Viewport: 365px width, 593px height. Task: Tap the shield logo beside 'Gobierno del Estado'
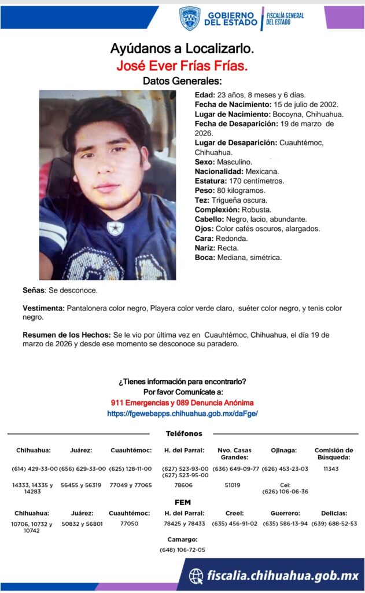pos(189,19)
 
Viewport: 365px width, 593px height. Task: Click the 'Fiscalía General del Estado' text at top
pos(285,19)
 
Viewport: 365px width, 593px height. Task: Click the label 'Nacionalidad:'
pos(219,171)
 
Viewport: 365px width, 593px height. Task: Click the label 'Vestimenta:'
pos(43,309)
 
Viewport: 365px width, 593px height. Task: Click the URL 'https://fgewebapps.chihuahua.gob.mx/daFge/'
pos(182,413)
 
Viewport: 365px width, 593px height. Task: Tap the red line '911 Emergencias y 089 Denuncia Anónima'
pos(182,402)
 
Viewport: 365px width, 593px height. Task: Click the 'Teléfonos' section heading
pos(184,434)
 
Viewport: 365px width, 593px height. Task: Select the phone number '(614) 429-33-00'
pos(35,468)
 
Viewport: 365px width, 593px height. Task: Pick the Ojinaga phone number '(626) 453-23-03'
pos(285,468)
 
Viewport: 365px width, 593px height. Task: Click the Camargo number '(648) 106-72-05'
pos(182,550)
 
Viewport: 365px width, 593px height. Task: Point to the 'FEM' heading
pos(182,502)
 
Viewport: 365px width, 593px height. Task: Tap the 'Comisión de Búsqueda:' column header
pos(333,453)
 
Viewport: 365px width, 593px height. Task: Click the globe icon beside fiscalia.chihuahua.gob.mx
pos(197,575)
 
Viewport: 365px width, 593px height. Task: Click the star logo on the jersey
pos(116,228)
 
